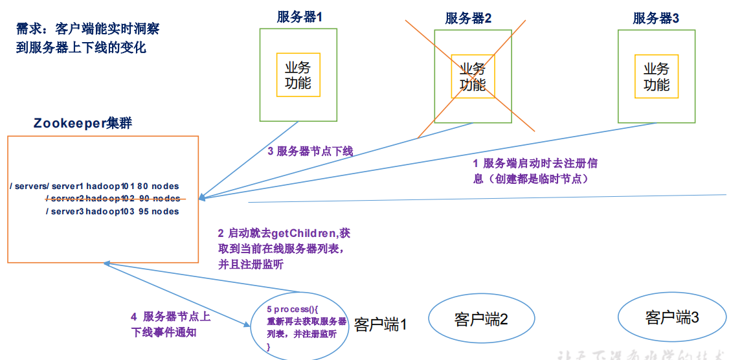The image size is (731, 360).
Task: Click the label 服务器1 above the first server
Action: pos(298,17)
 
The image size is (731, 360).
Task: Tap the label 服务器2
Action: pos(468,18)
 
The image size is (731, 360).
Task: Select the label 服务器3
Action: pos(656,18)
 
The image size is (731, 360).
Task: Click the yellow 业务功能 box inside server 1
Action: pos(298,75)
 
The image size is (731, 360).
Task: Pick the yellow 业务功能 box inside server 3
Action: pos(657,76)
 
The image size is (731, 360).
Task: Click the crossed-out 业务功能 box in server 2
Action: pos(473,76)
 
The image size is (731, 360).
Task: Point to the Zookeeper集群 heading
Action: pos(83,123)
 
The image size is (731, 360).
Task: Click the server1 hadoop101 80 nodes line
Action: pos(95,186)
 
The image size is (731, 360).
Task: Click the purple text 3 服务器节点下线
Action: pos(310,152)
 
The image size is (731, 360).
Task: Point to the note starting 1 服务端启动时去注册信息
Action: pos(539,171)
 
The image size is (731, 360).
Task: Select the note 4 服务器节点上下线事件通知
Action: pos(170,324)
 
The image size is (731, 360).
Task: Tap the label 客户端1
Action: pos(380,324)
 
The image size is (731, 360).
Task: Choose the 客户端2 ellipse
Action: pos(481,319)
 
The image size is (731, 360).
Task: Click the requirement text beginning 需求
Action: pos(87,38)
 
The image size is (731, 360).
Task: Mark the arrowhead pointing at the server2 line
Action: pos(203,197)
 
